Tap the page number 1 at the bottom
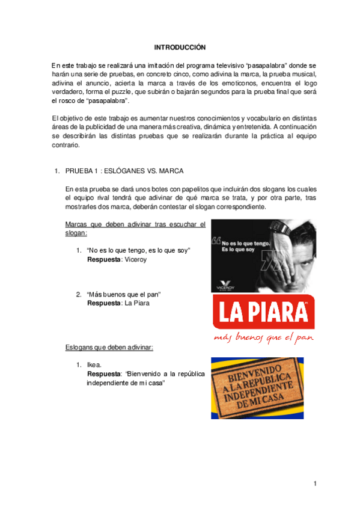click(314, 484)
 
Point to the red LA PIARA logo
click(260, 313)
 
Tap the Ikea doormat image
click(260, 387)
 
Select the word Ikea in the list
click(94, 364)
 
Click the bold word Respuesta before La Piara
click(104, 303)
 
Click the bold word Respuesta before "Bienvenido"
click(104, 373)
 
